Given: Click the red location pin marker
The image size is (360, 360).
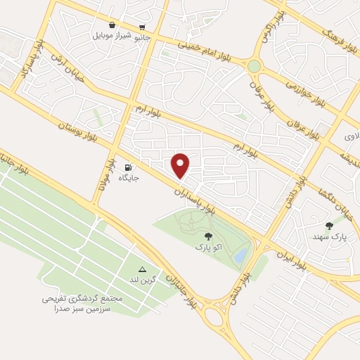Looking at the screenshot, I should pyautogui.click(x=181, y=165).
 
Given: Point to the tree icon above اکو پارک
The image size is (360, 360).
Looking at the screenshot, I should pyautogui.click(x=207, y=237).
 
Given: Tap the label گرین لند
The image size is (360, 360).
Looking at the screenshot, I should pyautogui.click(x=141, y=280).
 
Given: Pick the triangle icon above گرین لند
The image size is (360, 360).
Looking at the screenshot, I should pyautogui.click(x=141, y=269).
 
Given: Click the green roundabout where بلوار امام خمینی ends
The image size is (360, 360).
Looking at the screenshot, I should pyautogui.click(x=254, y=66).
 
